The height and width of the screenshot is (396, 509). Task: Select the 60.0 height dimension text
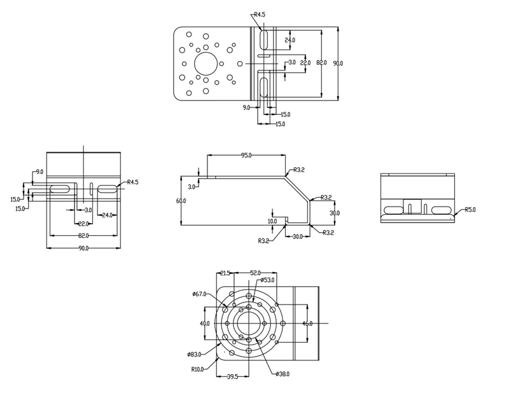point(182,201)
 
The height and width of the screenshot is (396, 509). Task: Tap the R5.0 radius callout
point(470,209)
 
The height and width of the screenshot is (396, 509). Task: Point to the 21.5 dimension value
point(225,273)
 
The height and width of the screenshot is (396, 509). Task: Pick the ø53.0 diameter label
point(268,280)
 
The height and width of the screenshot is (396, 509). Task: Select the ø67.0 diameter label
point(200,294)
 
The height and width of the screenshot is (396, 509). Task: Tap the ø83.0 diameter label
point(194,354)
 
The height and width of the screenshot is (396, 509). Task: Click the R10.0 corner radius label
point(197,368)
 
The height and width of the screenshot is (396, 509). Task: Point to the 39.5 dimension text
point(232,377)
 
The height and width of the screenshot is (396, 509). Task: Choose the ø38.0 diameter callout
point(282,374)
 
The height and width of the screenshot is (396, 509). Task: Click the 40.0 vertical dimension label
point(204,324)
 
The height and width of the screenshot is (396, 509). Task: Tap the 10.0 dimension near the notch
point(272,221)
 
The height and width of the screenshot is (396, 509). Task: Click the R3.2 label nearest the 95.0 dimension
point(298,170)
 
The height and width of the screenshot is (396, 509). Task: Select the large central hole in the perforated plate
point(206,64)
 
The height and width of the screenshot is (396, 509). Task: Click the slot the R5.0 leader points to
point(440,210)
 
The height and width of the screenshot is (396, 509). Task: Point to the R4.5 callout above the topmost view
point(260,14)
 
